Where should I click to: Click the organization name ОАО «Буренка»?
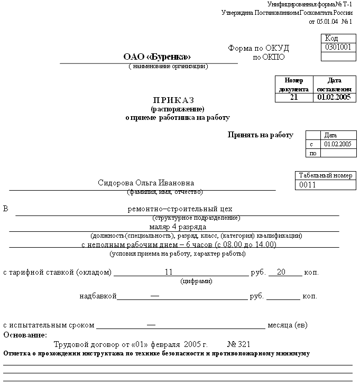click(x=157, y=57)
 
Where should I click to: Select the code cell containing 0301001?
click(x=338, y=47)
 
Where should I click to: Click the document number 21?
click(x=294, y=98)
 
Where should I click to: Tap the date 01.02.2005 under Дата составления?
click(x=334, y=98)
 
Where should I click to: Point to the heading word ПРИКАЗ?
click(x=174, y=100)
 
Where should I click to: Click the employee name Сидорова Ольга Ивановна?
click(x=146, y=183)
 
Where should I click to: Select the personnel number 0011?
click(x=307, y=185)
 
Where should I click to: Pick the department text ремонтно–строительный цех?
click(x=180, y=209)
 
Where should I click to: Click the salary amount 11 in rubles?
click(x=169, y=272)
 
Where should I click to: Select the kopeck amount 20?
click(x=281, y=272)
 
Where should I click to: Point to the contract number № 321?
click(x=238, y=344)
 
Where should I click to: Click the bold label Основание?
click(x=25, y=335)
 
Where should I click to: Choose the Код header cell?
click(x=331, y=38)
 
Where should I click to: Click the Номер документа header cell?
click(x=294, y=84)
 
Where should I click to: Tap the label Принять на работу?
click(x=260, y=135)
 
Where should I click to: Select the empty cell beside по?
click(x=338, y=153)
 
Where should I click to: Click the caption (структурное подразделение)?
click(x=196, y=218)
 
